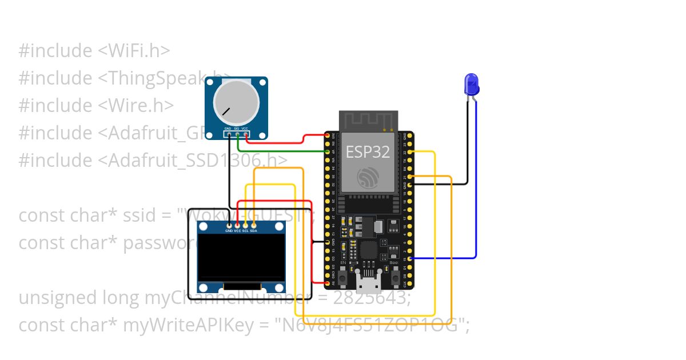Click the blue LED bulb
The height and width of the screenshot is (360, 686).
[x=472, y=84]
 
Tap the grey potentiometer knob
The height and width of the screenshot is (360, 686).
[x=236, y=103]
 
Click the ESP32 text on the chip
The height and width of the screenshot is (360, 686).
[x=368, y=151]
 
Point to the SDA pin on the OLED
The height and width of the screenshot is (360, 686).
[x=254, y=225]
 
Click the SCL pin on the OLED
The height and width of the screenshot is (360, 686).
[x=246, y=225]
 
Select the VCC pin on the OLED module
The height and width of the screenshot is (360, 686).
[x=238, y=225]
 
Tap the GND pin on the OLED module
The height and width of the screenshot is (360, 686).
[x=230, y=225]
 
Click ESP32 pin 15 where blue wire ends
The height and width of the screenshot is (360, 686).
[x=405, y=259]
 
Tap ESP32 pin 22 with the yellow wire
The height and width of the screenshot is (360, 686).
[x=405, y=152]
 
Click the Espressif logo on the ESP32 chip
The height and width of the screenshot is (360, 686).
[x=368, y=177]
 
